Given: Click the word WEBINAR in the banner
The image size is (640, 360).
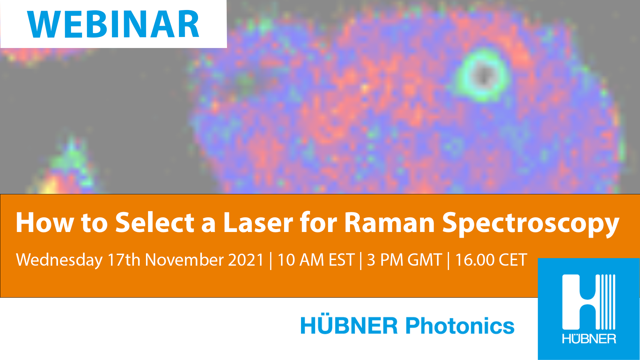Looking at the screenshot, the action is (x=113, y=24).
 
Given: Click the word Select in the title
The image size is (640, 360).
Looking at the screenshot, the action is (x=155, y=222).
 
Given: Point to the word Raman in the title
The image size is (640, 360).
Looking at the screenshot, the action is (x=389, y=222).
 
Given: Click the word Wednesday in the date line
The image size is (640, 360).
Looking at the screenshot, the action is (x=59, y=260).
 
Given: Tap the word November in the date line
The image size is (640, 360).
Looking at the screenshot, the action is (x=184, y=260).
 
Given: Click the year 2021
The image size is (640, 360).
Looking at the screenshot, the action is (x=246, y=260).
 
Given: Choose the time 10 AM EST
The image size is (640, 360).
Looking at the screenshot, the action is (x=316, y=260).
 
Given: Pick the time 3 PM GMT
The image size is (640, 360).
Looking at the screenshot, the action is (x=404, y=260).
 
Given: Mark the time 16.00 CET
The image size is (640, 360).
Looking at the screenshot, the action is (x=491, y=260).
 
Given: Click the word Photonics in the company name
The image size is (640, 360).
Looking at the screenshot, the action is (x=460, y=326).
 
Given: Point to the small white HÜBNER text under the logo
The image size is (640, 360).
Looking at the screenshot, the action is (x=589, y=339).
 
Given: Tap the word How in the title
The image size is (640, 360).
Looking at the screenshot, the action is (x=45, y=222).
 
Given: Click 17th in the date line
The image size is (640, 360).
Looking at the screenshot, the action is (x=124, y=260).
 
